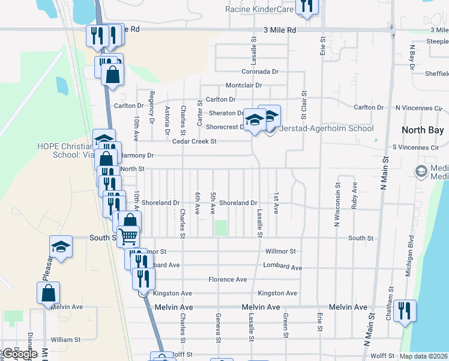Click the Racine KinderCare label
point(260,9)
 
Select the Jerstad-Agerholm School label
point(327,128)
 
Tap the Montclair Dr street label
point(244,85)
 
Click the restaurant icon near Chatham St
point(405,310)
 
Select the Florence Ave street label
point(228,280)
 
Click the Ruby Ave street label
point(355,196)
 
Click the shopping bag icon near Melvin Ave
point(49,293)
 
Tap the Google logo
point(19,354)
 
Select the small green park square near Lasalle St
point(221,228)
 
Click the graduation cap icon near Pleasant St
point(61,246)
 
